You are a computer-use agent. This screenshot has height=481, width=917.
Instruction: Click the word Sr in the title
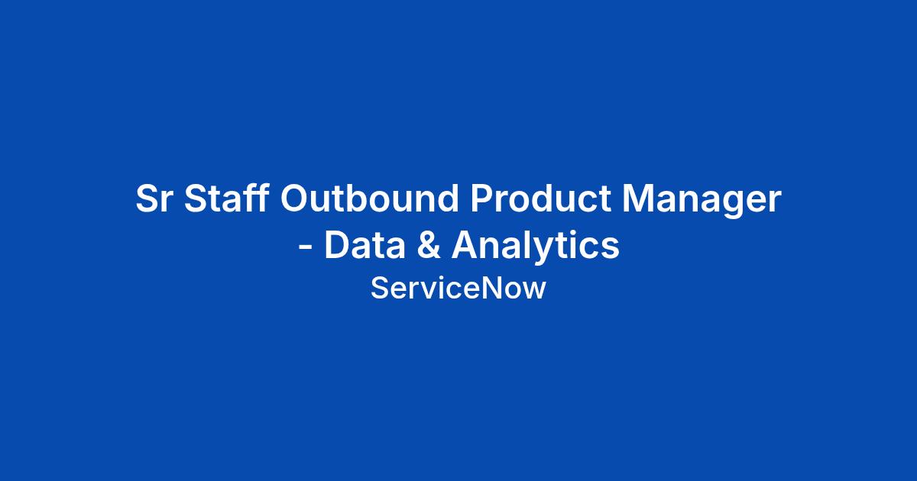153,199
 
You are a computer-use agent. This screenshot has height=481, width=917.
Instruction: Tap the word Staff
226,198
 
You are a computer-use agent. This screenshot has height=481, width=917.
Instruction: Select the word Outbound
369,198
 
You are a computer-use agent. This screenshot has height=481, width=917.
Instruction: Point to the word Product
540,198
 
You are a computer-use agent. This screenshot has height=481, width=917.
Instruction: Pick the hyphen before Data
306,247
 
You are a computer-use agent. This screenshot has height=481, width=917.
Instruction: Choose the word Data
365,244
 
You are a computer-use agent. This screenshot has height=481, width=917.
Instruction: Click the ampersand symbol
429,244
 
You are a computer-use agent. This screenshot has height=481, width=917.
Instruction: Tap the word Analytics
536,246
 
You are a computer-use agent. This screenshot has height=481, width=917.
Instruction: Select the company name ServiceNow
458,288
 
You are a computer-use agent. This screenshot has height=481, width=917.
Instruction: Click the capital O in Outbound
295,199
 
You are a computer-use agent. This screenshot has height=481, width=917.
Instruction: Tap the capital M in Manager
639,198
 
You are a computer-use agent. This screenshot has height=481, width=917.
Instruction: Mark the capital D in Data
338,244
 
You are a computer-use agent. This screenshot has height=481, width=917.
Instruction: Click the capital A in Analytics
465,244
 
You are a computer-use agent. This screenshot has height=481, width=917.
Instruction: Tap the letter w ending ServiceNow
534,291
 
